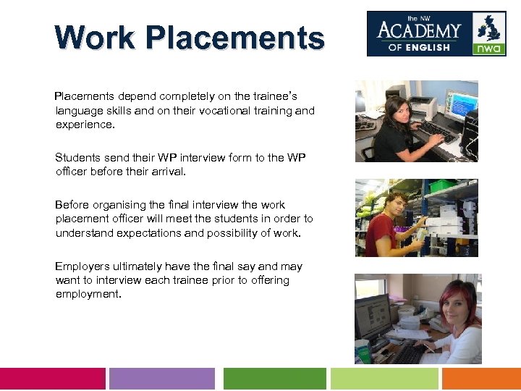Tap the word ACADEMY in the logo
419,30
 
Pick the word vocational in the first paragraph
237,111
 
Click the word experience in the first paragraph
84,125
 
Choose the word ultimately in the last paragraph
137,266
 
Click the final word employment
88,294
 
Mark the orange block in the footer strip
481,379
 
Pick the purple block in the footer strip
162,379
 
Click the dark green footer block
274,379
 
